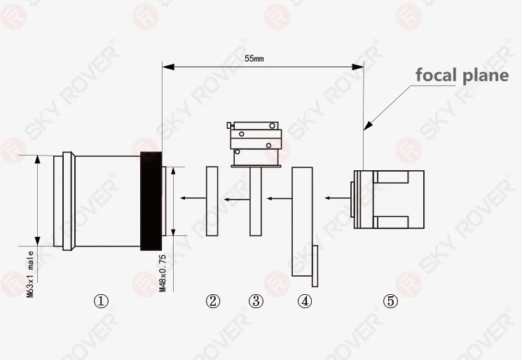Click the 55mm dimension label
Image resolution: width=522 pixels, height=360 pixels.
254,59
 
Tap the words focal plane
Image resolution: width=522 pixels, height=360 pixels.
462,75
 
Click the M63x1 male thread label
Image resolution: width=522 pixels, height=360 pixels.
30,274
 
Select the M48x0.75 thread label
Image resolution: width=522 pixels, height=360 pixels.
163,273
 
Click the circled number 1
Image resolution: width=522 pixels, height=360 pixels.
101,301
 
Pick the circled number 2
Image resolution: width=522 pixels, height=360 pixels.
213,301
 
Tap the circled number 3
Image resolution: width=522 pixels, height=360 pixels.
256,301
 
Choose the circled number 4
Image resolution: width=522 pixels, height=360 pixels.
305,301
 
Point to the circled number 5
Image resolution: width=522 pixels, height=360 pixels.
390,301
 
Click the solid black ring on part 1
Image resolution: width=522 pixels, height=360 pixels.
151,201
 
